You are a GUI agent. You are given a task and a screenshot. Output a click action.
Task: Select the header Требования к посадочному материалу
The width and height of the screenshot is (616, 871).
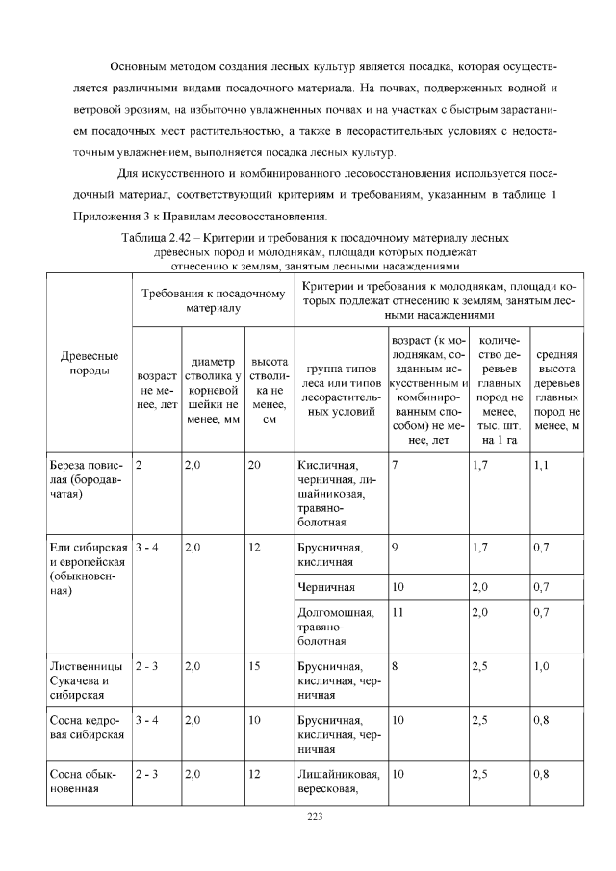pos(213,299)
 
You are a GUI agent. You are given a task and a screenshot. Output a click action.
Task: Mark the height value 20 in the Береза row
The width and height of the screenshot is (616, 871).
pos(254,465)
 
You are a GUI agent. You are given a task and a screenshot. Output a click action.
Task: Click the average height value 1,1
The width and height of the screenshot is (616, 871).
pos(540,465)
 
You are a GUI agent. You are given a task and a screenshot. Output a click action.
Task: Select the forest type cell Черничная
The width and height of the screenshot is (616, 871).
pos(326,586)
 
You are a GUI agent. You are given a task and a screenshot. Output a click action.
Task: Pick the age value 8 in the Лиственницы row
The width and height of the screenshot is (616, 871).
pos(396,665)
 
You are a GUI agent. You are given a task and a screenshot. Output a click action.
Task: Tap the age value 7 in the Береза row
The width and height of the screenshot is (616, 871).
pos(396,465)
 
